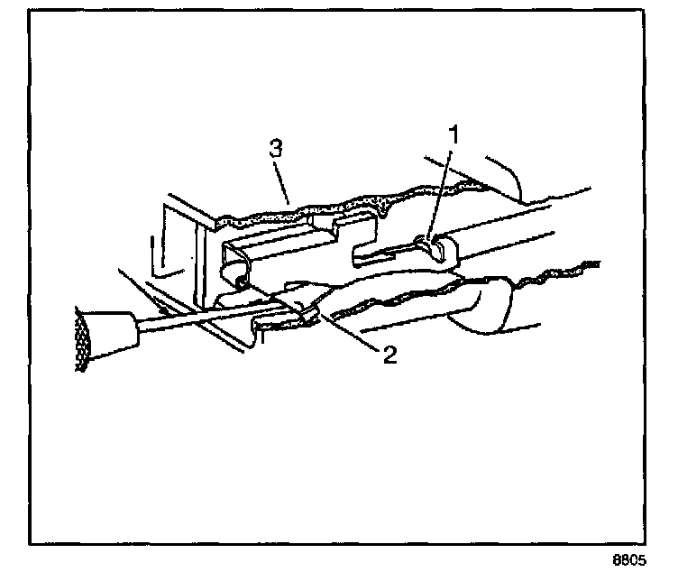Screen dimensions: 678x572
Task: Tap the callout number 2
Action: [389, 354]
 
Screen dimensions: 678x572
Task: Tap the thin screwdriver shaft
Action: [216, 318]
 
